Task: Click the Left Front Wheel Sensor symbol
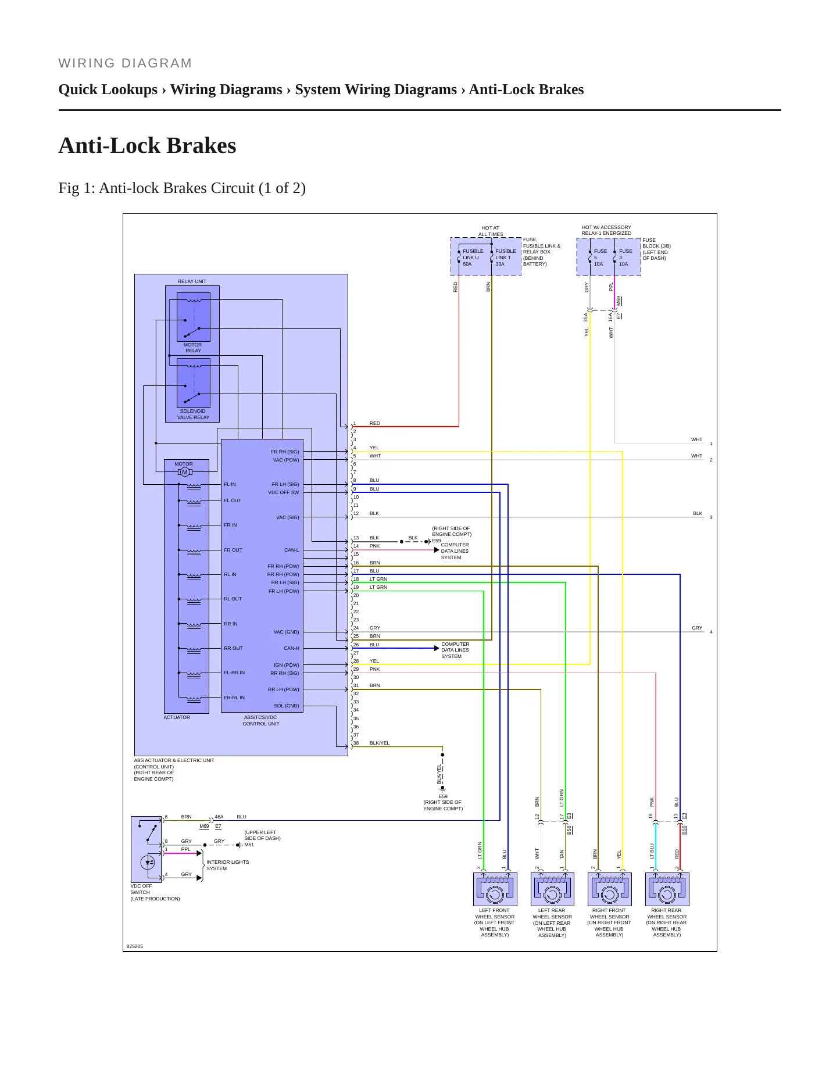pos(495,889)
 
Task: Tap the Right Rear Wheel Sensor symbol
pos(667,889)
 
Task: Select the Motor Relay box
pos(194,317)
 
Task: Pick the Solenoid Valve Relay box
pos(194,383)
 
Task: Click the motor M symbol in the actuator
pos(185,472)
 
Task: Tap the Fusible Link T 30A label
pos(505,258)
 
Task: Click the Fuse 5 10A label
pos(600,258)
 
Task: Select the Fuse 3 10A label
pos(625,258)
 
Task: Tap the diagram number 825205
pos(134,946)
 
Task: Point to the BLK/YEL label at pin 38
pos(380,743)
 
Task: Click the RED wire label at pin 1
pos(375,423)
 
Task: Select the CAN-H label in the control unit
pos(291,648)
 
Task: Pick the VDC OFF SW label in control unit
pos(283,492)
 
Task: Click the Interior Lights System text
pos(227,866)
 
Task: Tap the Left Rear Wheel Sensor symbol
pos(552,889)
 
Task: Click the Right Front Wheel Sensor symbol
pos(610,889)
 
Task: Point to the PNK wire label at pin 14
pos(374,546)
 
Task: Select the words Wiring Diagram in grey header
pos(125,63)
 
